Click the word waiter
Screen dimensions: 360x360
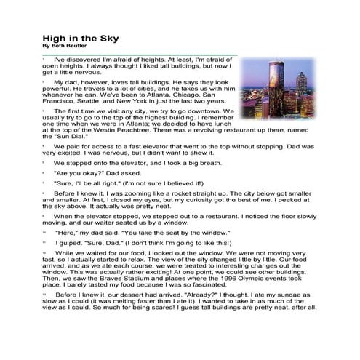(120, 223)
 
